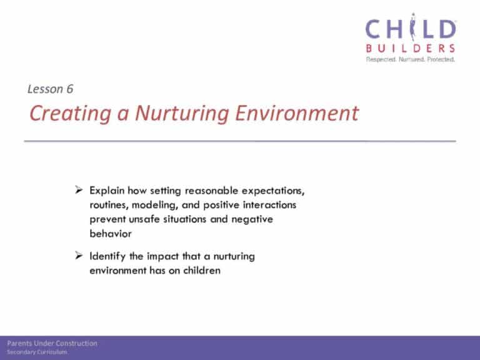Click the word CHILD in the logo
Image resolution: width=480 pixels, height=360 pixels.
click(411, 28)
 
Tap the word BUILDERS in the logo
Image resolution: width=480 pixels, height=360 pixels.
click(411, 48)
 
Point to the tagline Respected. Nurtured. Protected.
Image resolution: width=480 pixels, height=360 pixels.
click(411, 59)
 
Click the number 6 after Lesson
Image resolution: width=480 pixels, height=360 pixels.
click(70, 89)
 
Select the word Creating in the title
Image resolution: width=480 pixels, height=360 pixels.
click(70, 114)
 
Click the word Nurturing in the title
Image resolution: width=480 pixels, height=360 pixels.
click(182, 114)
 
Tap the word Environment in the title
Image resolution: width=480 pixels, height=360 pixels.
click(297, 113)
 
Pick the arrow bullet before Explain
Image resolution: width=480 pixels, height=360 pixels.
click(79, 190)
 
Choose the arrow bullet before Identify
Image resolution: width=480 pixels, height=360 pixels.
click(79, 255)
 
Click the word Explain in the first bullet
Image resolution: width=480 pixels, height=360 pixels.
click(107, 191)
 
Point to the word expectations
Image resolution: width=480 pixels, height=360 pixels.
click(273, 191)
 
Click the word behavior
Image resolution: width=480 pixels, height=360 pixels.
click(111, 234)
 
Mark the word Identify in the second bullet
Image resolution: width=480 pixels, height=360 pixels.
click(107, 256)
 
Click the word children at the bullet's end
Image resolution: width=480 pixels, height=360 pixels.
click(202, 270)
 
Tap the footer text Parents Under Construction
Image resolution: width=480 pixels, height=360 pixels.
click(52, 344)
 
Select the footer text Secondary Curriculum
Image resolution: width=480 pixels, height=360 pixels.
click(37, 352)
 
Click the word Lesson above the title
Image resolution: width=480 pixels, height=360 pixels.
click(45, 89)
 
